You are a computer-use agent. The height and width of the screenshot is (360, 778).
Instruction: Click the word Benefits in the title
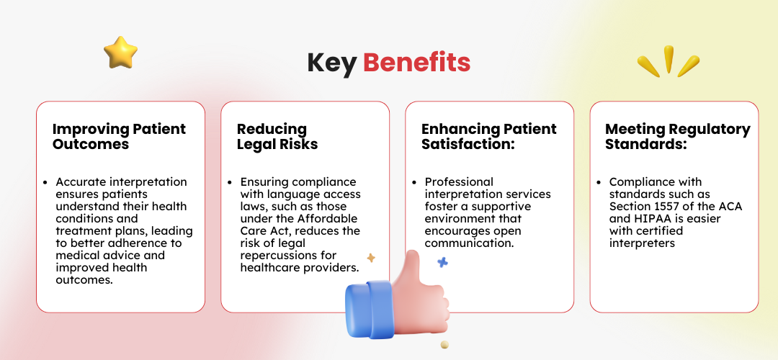tap(416, 63)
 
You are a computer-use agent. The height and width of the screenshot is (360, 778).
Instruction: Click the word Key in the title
tap(332, 63)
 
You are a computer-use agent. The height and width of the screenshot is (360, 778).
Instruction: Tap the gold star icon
tap(120, 52)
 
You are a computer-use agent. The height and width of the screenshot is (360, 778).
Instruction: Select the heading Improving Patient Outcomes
tap(119, 136)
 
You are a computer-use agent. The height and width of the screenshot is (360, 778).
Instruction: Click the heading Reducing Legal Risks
tap(277, 136)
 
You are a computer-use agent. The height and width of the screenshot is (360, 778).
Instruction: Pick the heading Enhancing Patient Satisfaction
tap(488, 136)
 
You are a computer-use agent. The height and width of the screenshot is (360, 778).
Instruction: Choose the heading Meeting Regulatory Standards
tap(677, 136)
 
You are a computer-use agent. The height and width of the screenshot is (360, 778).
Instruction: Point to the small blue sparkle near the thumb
tap(442, 263)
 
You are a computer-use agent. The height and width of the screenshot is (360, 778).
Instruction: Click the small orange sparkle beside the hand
tap(371, 258)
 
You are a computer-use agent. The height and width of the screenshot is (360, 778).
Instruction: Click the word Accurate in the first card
tap(81, 182)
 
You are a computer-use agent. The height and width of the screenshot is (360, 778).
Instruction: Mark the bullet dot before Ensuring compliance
tap(229, 182)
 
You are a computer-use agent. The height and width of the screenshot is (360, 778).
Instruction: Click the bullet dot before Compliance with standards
tap(598, 182)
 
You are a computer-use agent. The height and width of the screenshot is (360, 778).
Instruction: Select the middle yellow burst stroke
tap(669, 59)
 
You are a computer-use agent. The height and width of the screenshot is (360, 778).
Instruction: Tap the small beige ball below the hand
tap(444, 345)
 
